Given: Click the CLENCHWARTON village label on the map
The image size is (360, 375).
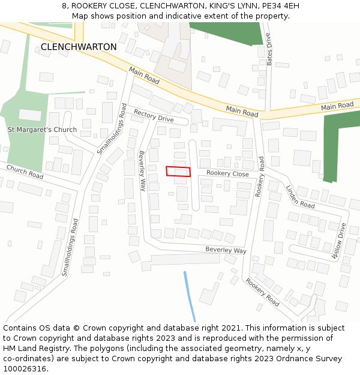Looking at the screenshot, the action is pyautogui.click(x=79, y=47).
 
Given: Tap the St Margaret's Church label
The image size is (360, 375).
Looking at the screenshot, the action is pyautogui.click(x=42, y=130).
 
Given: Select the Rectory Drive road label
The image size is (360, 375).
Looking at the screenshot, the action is pyautogui.click(x=154, y=116).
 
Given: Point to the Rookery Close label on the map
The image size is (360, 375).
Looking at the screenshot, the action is pyautogui.click(x=227, y=174).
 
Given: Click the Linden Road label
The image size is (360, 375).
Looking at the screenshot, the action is pyautogui.click(x=299, y=196).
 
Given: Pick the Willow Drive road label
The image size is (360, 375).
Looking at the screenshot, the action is pyautogui.click(x=340, y=241).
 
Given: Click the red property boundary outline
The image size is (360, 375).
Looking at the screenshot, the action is pyautogui.click(x=178, y=172).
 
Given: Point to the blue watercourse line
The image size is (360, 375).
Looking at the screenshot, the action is pyautogui.click(x=190, y=297).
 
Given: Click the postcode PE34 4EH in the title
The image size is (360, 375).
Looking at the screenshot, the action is pyautogui.click(x=279, y=6).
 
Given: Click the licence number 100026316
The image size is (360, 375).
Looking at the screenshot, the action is pyautogui.click(x=25, y=369).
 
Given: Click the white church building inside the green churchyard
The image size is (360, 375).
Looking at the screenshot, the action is pyautogui.click(x=30, y=115).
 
